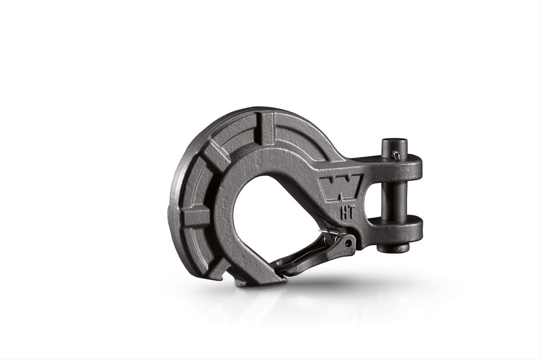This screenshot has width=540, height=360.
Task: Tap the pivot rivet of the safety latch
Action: [x=350, y=244]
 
